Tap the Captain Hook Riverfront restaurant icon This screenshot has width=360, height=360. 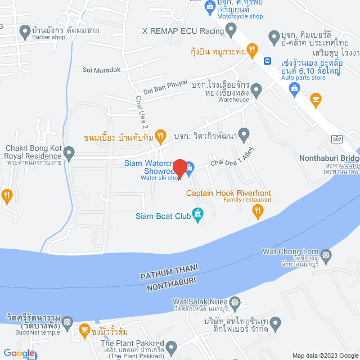[258, 210]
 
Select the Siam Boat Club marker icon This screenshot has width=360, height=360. [197, 214]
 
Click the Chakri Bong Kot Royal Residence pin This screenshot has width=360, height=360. [69, 152]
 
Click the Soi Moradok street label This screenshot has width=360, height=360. [102, 70]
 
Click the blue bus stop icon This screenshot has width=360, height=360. [268, 61]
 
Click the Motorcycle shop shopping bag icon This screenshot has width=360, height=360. [209, 7]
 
